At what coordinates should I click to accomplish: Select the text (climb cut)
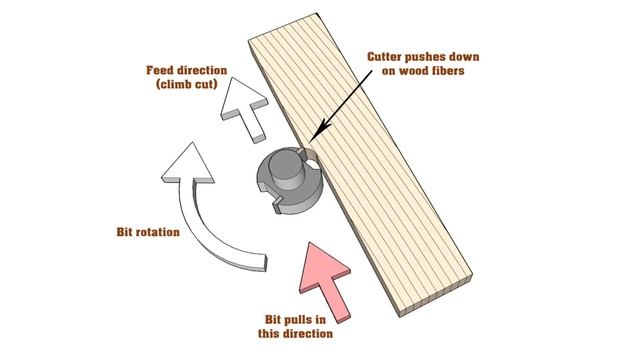[x=188, y=87]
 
